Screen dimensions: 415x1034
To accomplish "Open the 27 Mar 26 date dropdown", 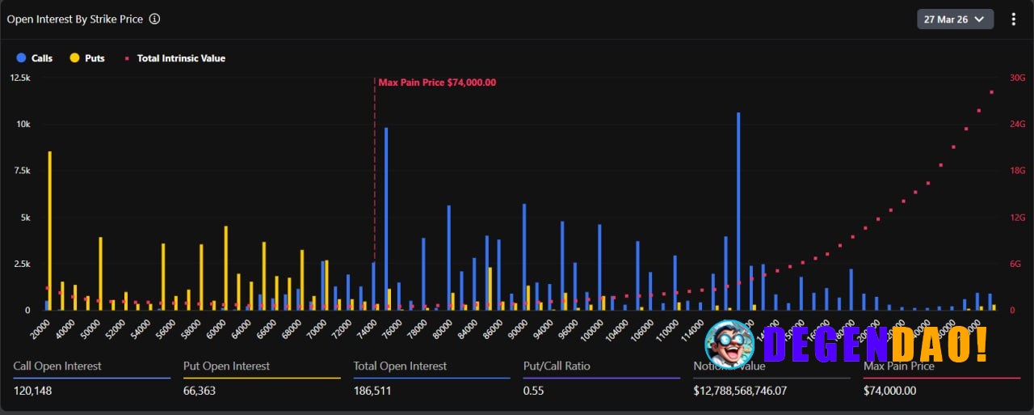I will (955, 19).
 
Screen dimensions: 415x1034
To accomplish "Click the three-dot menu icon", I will (1014, 19).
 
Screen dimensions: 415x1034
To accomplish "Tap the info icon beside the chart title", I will (155, 19).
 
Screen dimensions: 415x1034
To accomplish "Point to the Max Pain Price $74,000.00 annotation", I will (437, 83).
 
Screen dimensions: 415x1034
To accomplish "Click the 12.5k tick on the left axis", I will (20, 78).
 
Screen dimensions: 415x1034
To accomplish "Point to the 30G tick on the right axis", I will (1017, 78).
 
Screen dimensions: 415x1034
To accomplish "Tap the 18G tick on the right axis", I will (1017, 171).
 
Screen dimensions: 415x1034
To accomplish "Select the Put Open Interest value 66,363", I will (200, 391).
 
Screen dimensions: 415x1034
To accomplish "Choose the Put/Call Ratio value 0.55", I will (533, 391).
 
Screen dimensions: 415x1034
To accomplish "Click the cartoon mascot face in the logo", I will (729, 344).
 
